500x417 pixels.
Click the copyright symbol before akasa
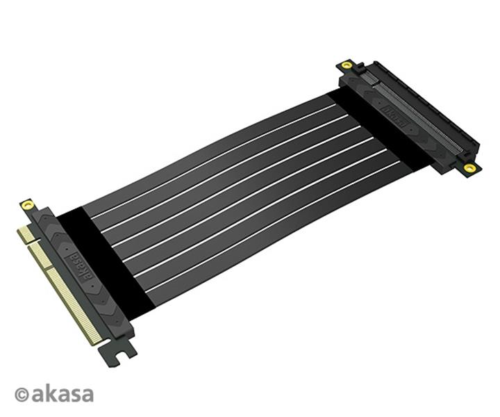click(22, 395)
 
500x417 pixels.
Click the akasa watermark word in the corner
click(62, 393)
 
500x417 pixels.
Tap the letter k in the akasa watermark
click(51, 393)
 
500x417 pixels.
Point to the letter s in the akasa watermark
click(74, 395)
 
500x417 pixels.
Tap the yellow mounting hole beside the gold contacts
click(27, 205)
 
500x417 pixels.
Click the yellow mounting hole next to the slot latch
click(347, 65)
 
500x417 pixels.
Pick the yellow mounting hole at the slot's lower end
click(469, 167)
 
